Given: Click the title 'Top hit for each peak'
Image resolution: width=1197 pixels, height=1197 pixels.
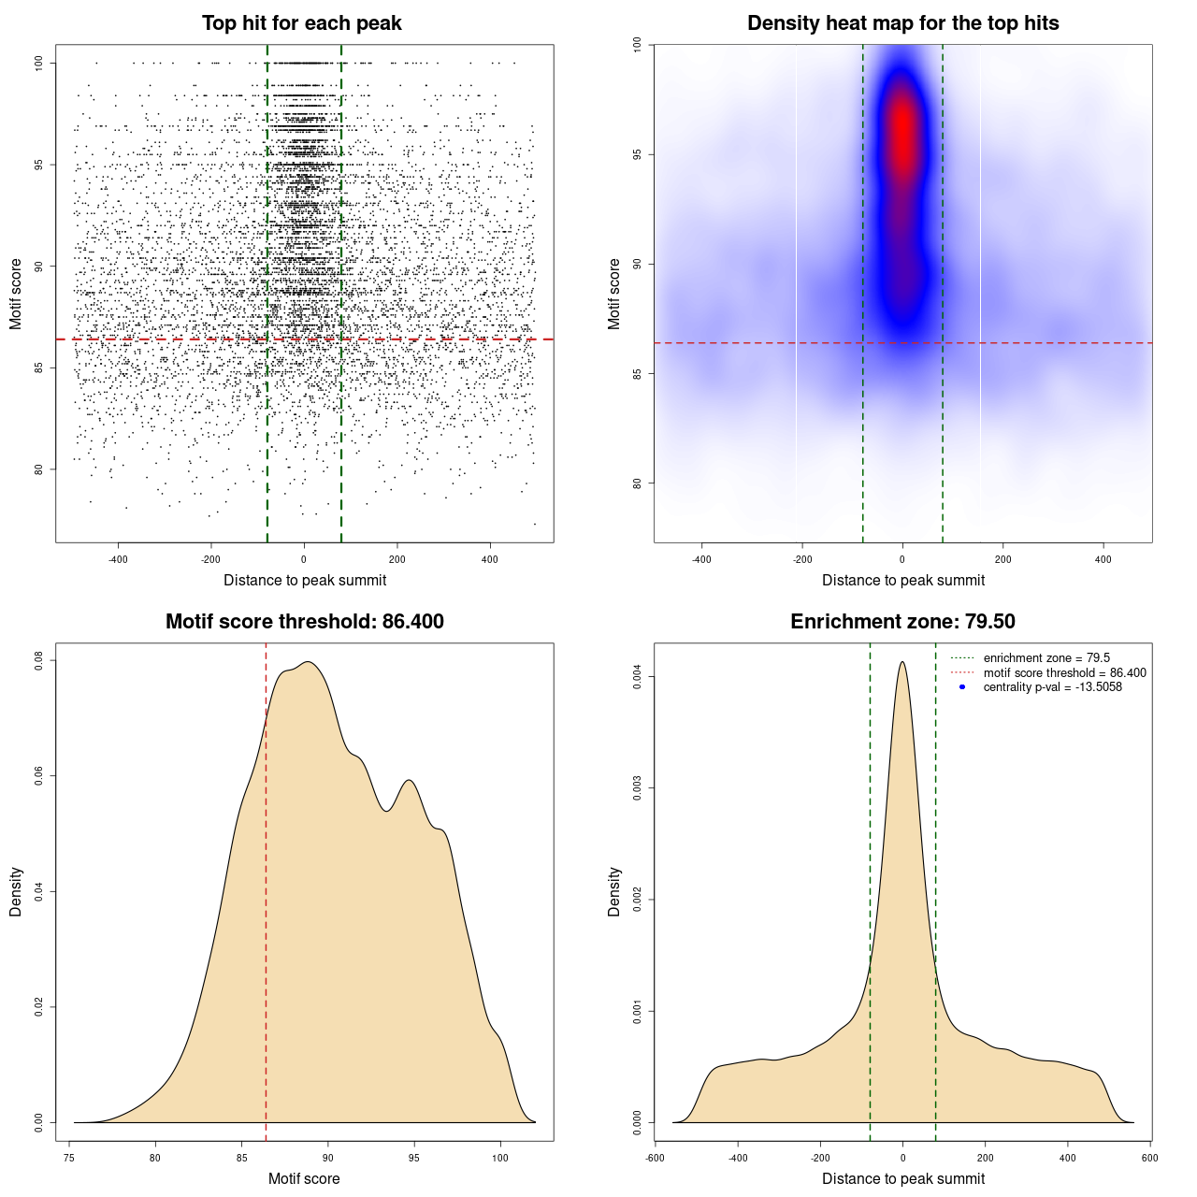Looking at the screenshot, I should point(301,23).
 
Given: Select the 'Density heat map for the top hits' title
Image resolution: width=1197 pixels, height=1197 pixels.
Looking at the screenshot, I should point(902,23).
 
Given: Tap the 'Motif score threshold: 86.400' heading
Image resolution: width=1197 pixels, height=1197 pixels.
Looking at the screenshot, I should point(304,622).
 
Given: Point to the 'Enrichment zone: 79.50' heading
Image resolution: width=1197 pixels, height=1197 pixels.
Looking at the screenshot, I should point(902,622).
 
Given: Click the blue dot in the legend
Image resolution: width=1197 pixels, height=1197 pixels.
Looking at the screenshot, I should point(962,687).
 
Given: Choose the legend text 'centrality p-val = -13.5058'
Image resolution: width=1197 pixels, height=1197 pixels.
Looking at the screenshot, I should point(1052,687).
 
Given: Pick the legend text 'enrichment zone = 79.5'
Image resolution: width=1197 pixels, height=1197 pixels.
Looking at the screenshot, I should point(1046,658).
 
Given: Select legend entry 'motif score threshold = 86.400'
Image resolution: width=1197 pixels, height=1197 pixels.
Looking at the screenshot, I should point(1064,673).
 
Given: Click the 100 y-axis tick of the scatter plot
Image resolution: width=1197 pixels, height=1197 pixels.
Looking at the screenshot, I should point(39,63).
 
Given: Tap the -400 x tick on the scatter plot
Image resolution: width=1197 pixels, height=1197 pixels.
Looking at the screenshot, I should point(118,559).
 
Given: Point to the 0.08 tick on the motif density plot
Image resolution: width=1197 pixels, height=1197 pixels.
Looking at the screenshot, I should point(39,661).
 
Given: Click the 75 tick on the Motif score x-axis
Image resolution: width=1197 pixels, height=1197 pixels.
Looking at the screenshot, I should point(69,1158).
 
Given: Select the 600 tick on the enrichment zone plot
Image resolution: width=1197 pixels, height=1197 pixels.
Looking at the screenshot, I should point(1149,1158).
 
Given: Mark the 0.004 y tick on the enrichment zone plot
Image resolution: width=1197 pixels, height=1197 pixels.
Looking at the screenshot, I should point(638,677).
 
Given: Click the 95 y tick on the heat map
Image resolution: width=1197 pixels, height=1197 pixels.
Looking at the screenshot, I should point(638,154).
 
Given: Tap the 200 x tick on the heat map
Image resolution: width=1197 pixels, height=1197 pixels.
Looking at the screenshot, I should point(1002,559).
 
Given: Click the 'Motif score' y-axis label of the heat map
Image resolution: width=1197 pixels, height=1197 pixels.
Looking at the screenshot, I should point(614,294).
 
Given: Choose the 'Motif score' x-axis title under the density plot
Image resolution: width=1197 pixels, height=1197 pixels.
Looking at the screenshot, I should point(304,1178).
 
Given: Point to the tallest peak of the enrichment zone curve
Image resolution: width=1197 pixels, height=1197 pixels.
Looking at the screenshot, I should point(902,662).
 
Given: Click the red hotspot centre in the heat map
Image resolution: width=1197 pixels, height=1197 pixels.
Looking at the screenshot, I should point(902,131).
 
